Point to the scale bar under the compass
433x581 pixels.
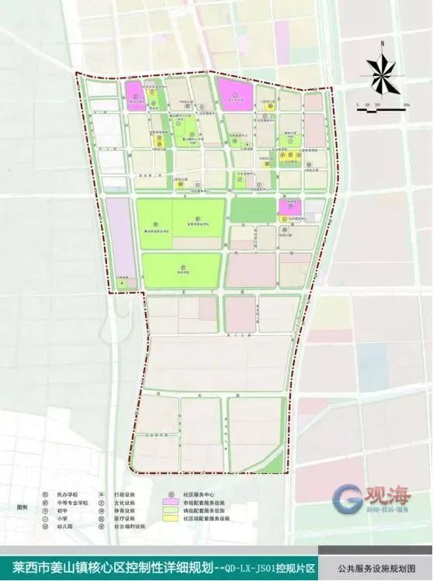coord(382,109)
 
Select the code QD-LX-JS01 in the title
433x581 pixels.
coord(270,568)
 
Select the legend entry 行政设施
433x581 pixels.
coord(123,493)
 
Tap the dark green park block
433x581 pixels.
coord(253,209)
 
